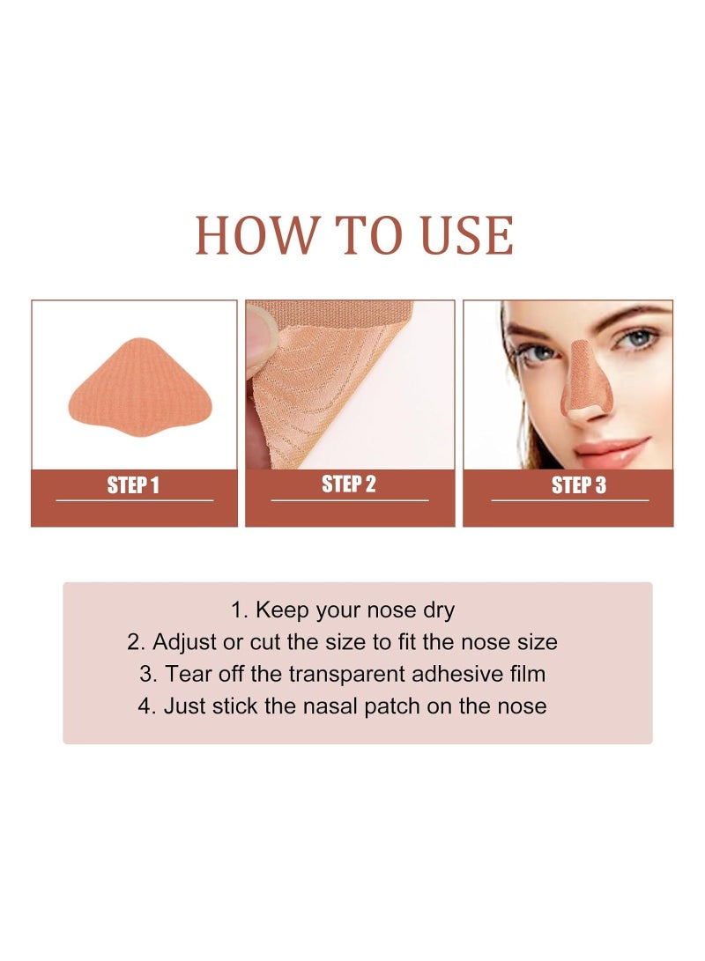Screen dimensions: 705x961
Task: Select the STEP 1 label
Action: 133,485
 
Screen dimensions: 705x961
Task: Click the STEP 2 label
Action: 349,484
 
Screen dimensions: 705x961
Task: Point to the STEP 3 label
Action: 579,485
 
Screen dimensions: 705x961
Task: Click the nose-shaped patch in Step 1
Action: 140,388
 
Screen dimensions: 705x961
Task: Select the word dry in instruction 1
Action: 438,610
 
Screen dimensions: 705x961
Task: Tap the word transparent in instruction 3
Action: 347,675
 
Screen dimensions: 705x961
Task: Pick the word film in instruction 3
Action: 527,674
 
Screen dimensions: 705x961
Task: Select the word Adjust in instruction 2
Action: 184,642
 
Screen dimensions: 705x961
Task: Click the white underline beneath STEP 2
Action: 350,500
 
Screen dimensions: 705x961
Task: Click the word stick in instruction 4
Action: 233,706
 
